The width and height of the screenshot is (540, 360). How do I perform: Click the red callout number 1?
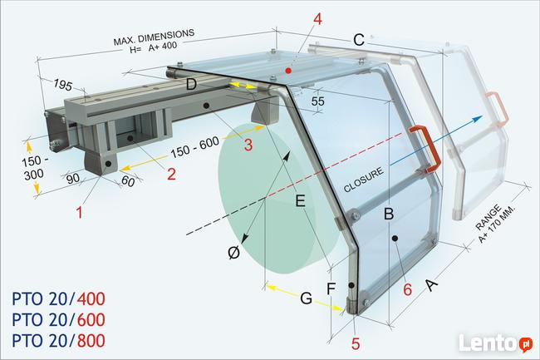(x=80, y=213)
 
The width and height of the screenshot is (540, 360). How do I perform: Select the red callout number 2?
(x=172, y=175)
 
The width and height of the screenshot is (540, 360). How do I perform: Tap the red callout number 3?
(x=247, y=145)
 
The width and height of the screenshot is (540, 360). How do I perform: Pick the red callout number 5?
(x=356, y=343)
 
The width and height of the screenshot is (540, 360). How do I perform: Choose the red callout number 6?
(x=407, y=291)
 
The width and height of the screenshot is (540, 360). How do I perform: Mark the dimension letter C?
(x=358, y=39)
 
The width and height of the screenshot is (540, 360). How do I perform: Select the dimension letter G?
(x=307, y=298)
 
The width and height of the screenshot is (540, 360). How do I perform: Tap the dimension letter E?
(x=300, y=200)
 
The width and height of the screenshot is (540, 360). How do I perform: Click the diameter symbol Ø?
(x=235, y=252)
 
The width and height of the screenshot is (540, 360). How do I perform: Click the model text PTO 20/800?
(x=59, y=340)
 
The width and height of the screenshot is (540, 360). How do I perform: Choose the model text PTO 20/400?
(x=59, y=299)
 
